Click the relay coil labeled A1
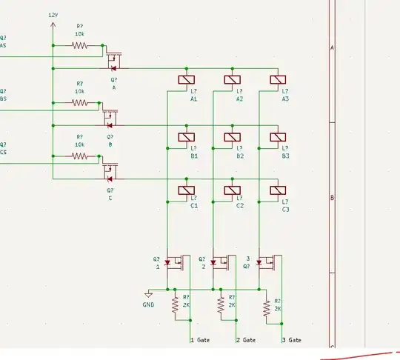(187, 80)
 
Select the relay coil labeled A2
(233, 80)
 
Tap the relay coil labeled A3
(279, 80)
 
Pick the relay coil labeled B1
(187, 136)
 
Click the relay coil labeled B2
(233, 136)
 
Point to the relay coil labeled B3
(279, 136)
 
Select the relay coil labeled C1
(187, 190)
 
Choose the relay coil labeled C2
(233, 190)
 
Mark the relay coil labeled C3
(279, 190)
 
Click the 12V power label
(53, 15)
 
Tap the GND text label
(149, 304)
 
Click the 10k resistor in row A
(79, 45)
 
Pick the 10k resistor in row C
(79, 156)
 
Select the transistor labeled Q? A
(113, 58)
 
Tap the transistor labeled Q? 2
(220, 262)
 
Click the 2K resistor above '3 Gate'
(266, 307)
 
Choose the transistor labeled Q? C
(110, 173)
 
